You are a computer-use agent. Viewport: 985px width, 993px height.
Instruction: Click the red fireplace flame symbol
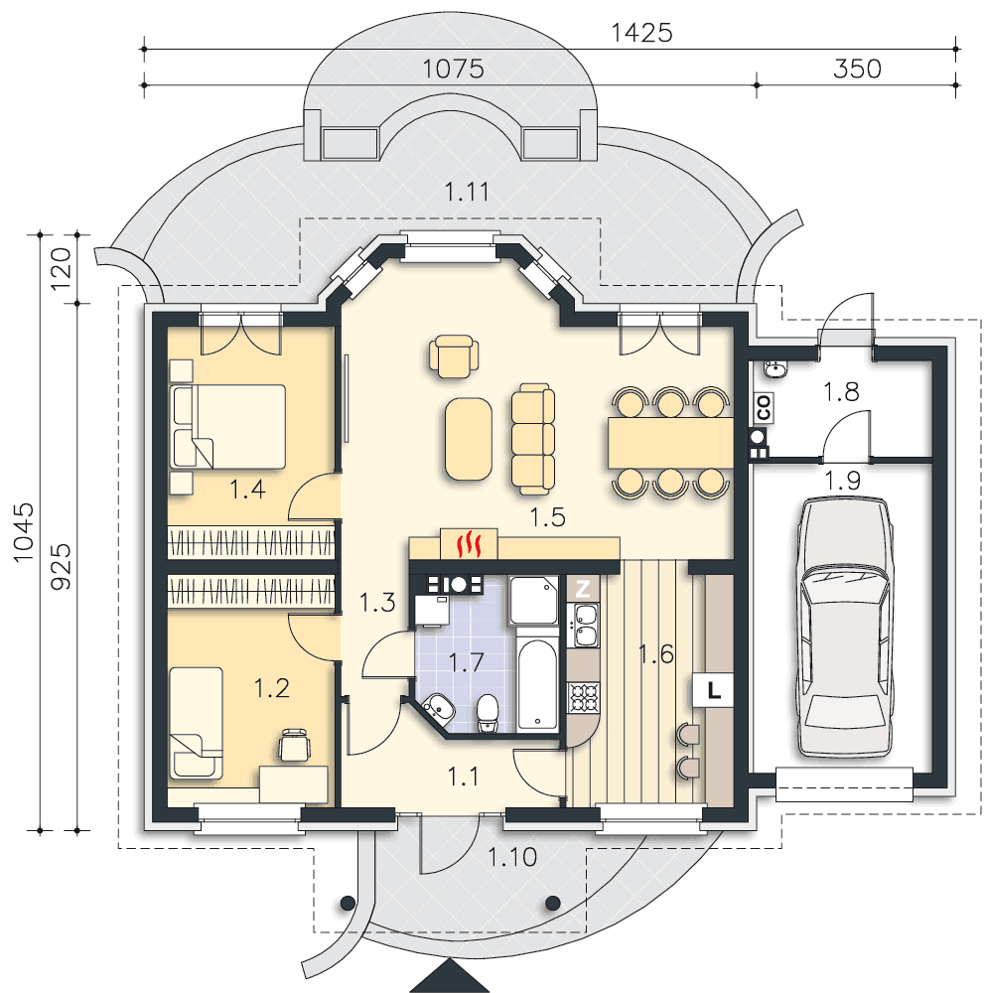[x=470, y=544]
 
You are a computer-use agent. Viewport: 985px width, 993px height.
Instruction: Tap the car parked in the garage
[x=845, y=627]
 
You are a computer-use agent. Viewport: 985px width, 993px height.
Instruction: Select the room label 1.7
[x=467, y=663]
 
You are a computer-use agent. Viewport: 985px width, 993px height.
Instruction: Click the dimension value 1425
[x=641, y=33]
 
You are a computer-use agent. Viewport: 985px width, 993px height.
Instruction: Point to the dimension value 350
[x=857, y=70]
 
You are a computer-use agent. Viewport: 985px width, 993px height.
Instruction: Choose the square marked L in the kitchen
[x=714, y=690]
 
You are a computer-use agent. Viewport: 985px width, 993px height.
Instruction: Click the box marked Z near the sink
[x=583, y=588]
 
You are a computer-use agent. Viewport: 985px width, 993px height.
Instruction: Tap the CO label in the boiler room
[x=764, y=407]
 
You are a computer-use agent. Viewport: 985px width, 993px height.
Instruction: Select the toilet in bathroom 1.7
[x=488, y=713]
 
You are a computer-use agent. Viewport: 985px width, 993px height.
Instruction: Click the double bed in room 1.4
[x=227, y=426]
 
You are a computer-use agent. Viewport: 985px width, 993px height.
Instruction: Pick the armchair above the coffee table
[x=454, y=355]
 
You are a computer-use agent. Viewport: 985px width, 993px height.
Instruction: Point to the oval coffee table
[x=469, y=439]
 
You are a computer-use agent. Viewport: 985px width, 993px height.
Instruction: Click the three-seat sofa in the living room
[x=533, y=438]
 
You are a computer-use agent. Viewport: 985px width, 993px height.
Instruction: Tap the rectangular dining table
[x=671, y=443]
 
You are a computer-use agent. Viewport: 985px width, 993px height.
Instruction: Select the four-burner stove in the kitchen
[x=584, y=697]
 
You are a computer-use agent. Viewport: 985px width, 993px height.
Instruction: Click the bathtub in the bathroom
[x=537, y=684]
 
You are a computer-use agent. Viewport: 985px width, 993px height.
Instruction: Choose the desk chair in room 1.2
[x=295, y=745]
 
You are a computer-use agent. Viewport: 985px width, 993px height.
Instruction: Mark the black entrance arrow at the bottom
[x=449, y=976]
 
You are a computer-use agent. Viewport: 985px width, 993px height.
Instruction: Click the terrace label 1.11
[x=467, y=192]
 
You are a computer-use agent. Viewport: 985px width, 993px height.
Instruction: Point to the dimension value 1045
[x=24, y=532]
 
